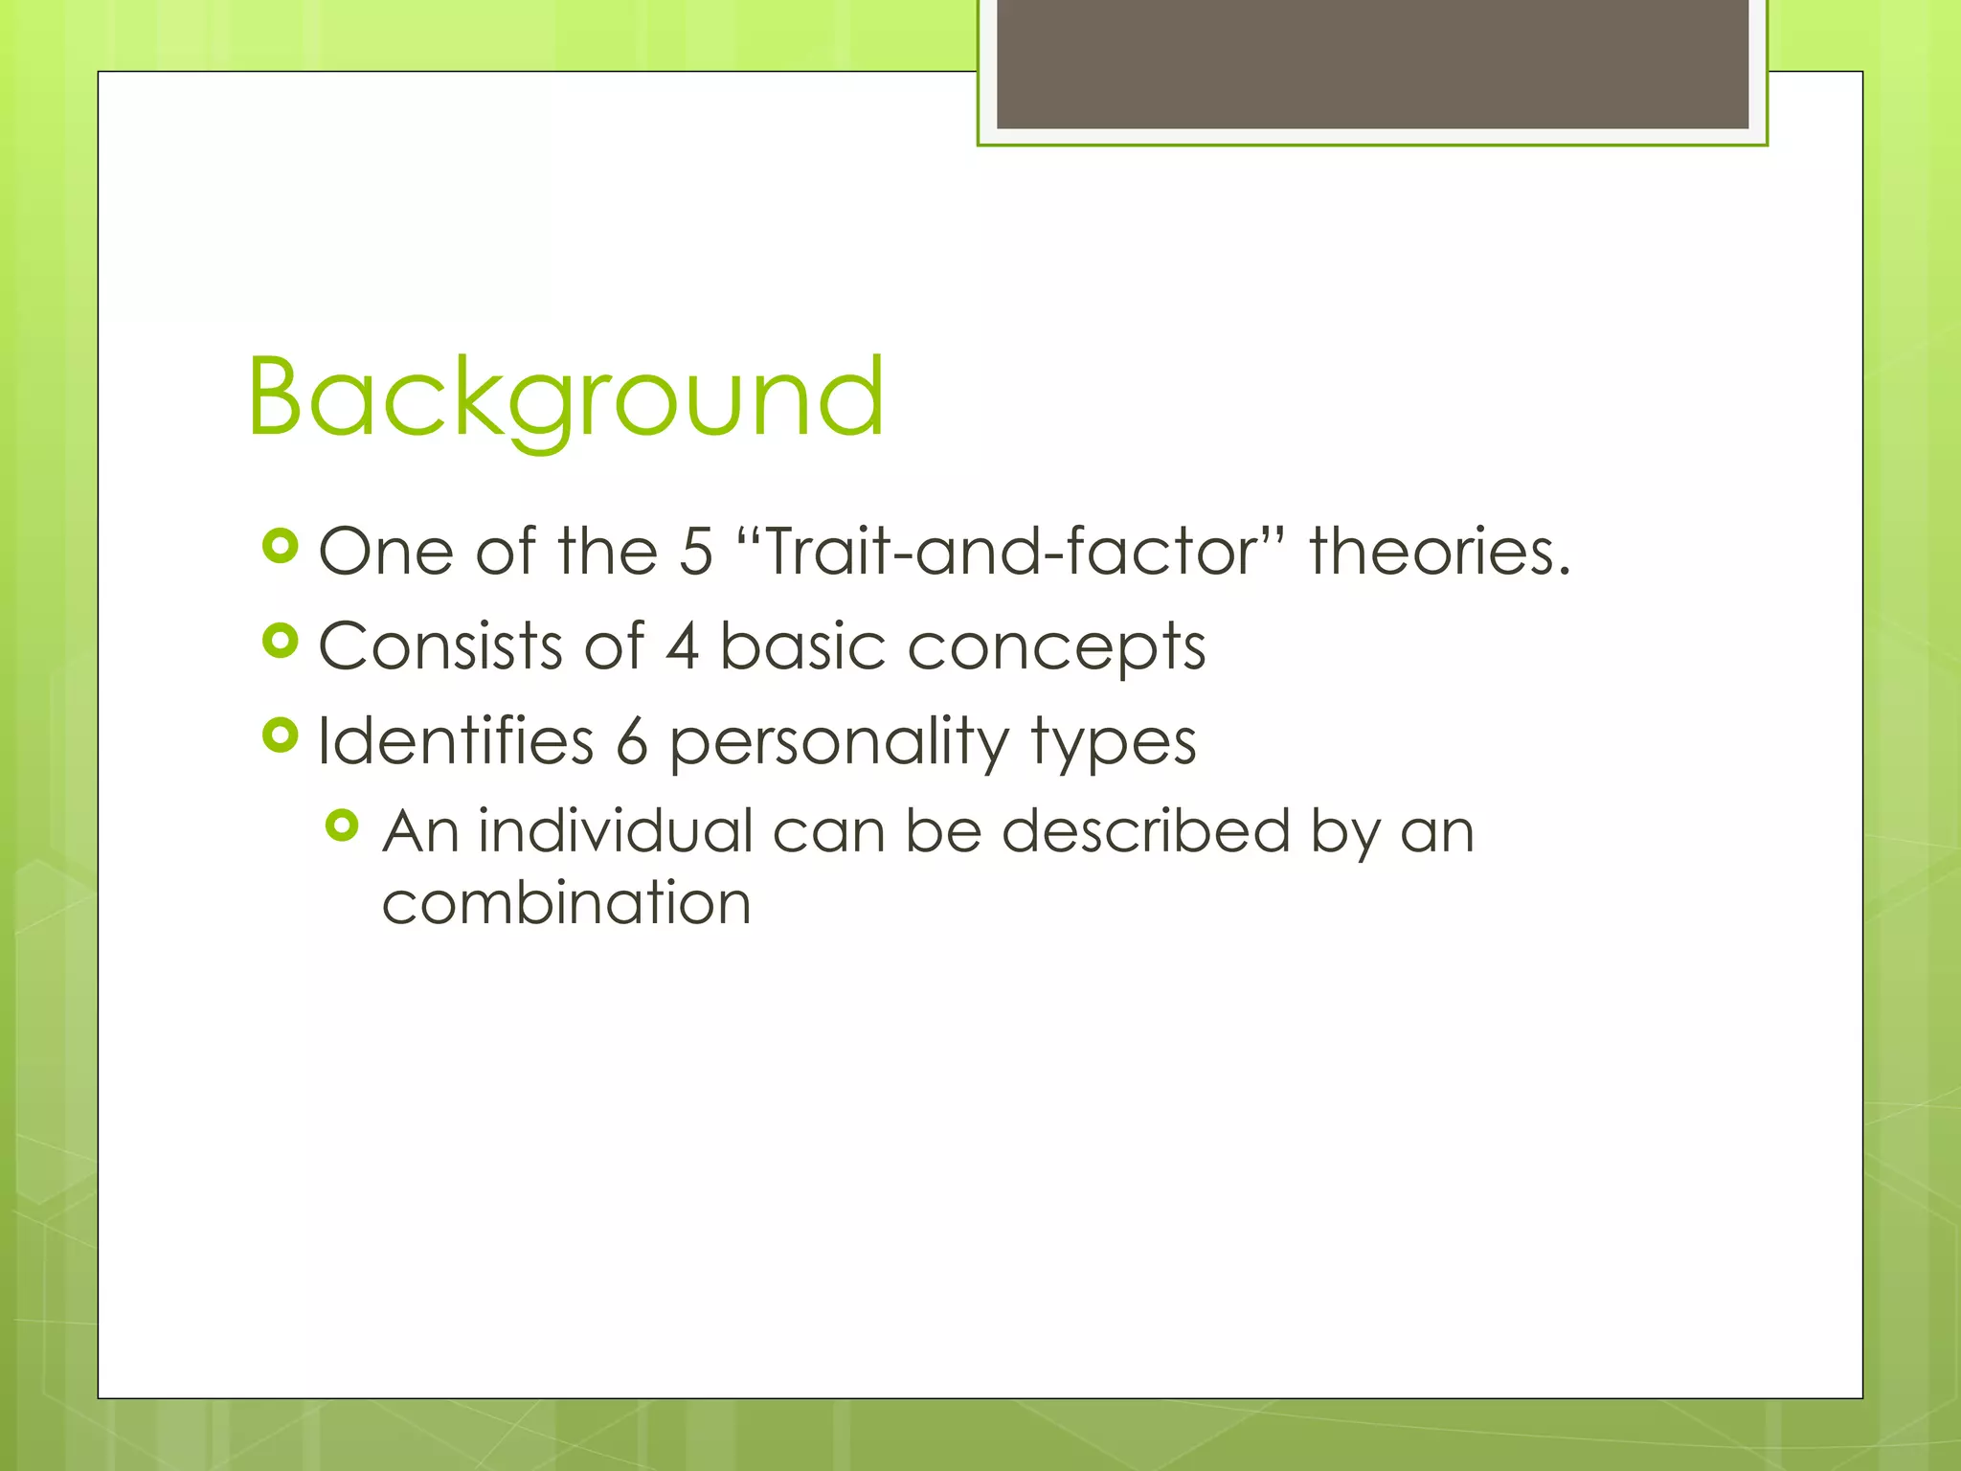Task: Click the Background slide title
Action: pos(565,396)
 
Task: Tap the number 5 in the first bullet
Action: pos(696,553)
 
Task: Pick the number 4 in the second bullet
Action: pos(682,646)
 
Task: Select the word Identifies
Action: pos(456,741)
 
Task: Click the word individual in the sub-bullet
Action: pos(616,830)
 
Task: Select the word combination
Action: pos(566,903)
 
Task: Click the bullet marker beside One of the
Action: pos(280,547)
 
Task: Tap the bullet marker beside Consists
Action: pos(280,641)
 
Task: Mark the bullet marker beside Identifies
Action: pos(280,735)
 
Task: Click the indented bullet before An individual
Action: pos(342,825)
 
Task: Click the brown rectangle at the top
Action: pos(1372,63)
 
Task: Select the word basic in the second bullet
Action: pos(802,646)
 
